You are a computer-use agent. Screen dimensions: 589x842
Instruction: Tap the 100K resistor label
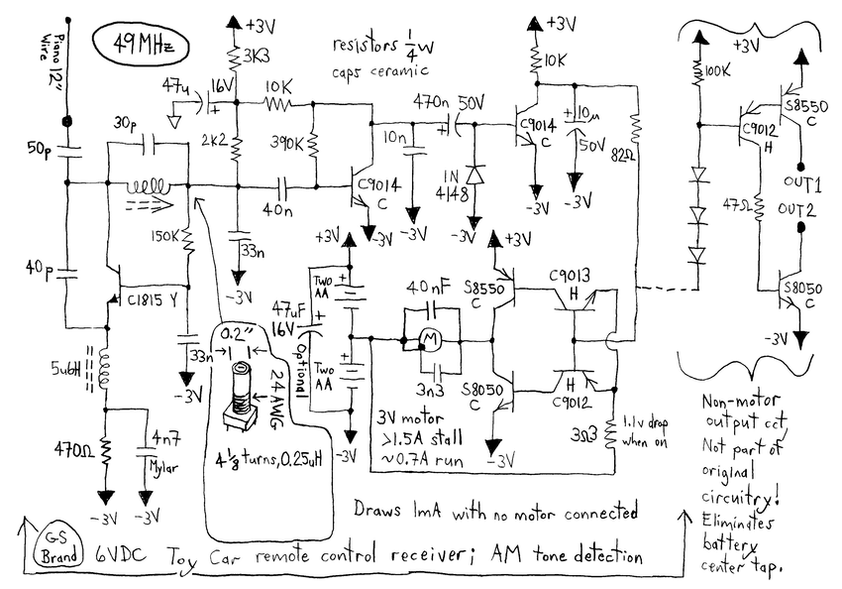pyautogui.click(x=718, y=72)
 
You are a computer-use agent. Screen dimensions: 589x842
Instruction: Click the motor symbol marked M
pyautogui.click(x=431, y=339)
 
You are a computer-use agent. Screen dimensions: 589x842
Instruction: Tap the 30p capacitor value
pyautogui.click(x=126, y=123)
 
